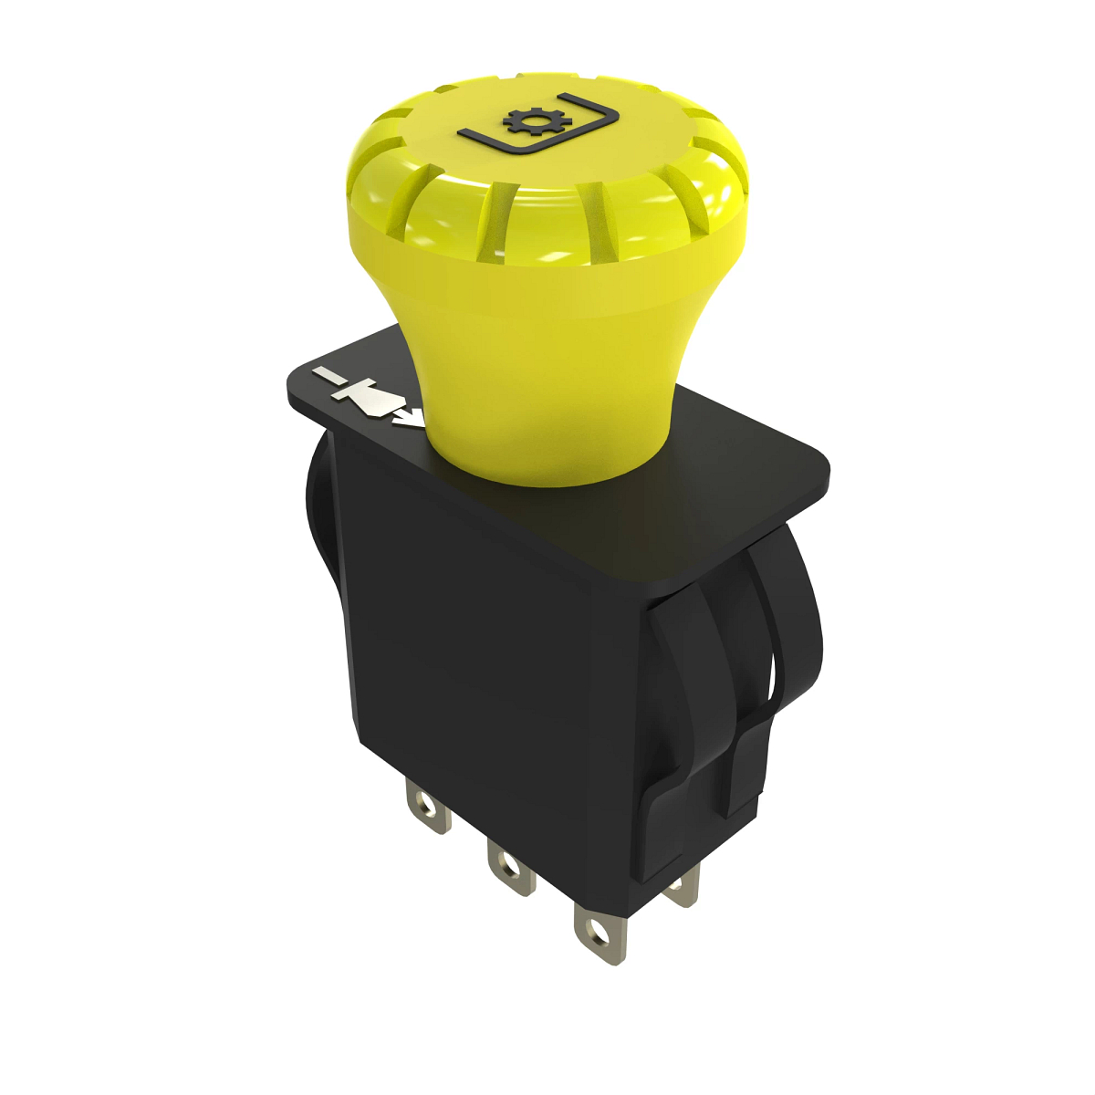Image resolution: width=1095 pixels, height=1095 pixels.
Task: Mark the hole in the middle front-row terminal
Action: tap(504, 862)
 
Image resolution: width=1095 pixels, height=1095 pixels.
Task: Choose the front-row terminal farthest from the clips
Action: tap(427, 808)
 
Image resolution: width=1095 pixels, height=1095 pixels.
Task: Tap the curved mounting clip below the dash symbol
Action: tap(321, 511)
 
